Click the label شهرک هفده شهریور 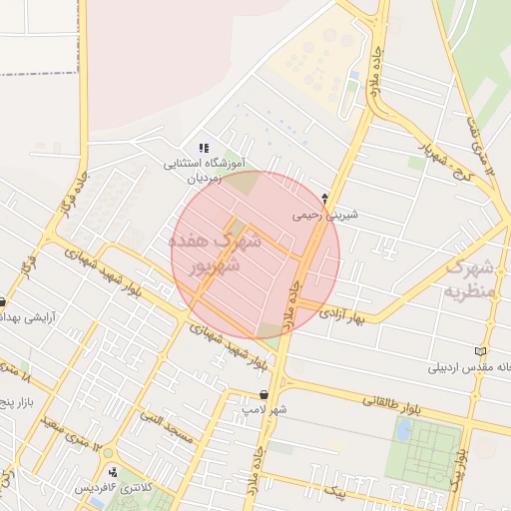pyautogui.click(x=206, y=254)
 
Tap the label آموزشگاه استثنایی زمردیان pyautogui.click(x=205, y=171)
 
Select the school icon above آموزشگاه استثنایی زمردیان pyautogui.click(x=205, y=149)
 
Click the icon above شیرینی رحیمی pyautogui.click(x=324, y=198)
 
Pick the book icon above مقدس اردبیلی pyautogui.click(x=483, y=351)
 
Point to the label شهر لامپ pyautogui.click(x=264, y=409)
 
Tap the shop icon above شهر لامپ pyautogui.click(x=263, y=394)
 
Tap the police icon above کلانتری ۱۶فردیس pyautogui.click(x=112, y=471)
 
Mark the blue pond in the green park pyautogui.click(x=403, y=430)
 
